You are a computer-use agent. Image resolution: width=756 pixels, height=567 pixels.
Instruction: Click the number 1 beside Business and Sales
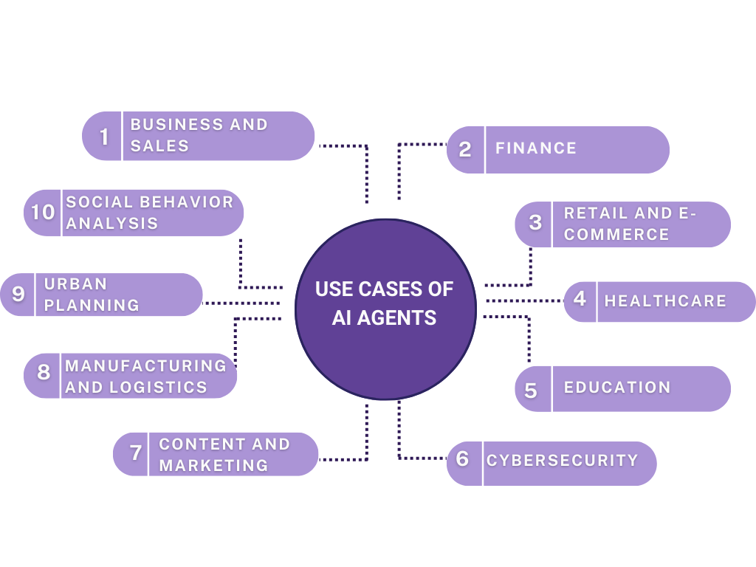click(104, 137)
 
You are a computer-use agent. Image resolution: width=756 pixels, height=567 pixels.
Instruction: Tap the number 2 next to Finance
click(465, 150)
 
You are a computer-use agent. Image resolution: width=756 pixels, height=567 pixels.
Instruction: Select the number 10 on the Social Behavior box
click(43, 213)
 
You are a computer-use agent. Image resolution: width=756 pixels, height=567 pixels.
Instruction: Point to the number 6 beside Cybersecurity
click(463, 459)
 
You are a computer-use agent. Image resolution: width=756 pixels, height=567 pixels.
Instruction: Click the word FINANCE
click(536, 148)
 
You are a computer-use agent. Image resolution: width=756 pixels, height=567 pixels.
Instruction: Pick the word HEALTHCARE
click(665, 301)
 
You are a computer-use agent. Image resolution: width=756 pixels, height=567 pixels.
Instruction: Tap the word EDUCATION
click(617, 388)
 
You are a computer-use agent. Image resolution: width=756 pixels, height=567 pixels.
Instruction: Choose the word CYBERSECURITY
click(562, 460)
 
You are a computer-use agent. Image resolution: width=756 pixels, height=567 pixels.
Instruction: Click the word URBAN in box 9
click(75, 284)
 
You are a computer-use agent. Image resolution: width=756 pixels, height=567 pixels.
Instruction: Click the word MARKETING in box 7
click(213, 466)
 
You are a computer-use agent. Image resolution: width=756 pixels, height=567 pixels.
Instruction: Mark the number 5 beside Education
click(531, 390)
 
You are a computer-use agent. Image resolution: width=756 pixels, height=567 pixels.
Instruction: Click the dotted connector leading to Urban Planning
click(240, 302)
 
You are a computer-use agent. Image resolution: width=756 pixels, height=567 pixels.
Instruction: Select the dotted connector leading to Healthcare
click(524, 300)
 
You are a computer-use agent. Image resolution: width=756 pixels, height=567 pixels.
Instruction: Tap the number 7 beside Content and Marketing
click(136, 453)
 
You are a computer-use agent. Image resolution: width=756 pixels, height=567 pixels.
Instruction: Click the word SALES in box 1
click(159, 146)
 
